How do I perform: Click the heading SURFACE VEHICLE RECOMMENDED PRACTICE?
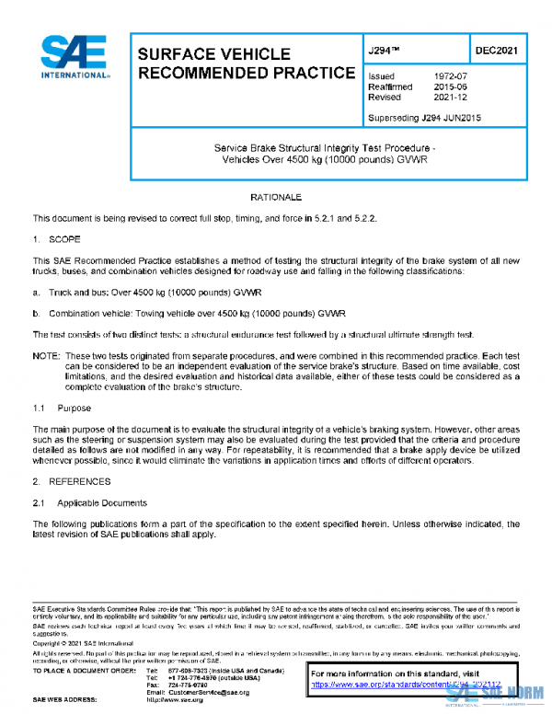point(246,63)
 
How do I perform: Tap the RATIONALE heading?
point(276,198)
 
